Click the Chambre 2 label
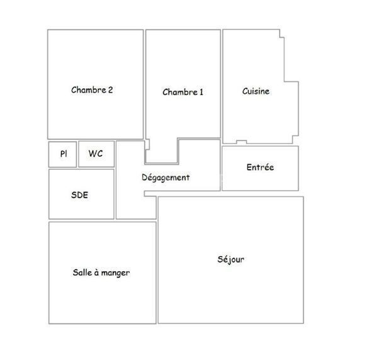tap(92, 90)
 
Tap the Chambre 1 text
tap(183, 92)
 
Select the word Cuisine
tap(256, 91)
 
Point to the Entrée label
tap(260, 167)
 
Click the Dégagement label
tap(166, 177)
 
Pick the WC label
tap(96, 154)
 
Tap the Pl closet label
tap(64, 154)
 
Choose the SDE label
tap(80, 195)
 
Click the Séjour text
tap(231, 259)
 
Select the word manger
tap(115, 273)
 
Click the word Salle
tap(82, 273)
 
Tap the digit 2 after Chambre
tap(111, 90)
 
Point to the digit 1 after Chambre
tap(201, 92)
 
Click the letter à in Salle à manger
tap(96, 273)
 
